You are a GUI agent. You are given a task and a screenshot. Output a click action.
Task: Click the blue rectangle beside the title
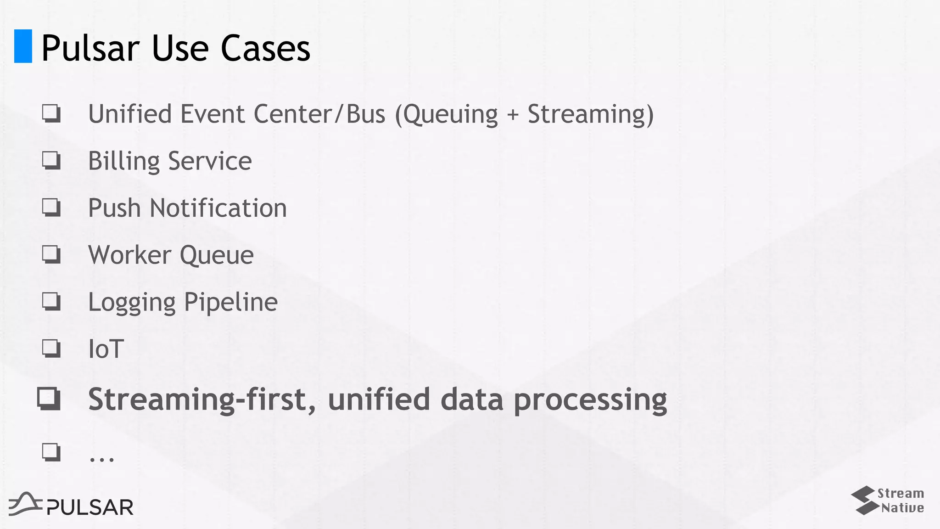point(23,46)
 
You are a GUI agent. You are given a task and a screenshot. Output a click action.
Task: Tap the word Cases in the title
point(265,48)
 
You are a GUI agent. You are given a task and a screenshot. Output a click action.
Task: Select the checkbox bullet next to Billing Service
point(51,160)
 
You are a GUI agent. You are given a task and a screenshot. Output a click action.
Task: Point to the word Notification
point(218,208)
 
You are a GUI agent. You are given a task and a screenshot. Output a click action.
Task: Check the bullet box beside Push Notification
point(51,207)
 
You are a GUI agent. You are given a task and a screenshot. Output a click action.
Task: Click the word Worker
point(129,255)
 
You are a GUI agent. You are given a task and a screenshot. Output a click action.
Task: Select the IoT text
point(106,349)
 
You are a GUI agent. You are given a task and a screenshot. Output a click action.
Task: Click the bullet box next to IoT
point(51,348)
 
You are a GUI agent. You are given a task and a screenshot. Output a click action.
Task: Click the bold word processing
point(590,400)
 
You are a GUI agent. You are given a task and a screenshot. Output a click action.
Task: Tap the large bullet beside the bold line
point(49,399)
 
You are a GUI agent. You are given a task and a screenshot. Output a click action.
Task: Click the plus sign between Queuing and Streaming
point(513,115)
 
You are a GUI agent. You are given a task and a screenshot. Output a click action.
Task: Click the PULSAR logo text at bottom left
point(90,507)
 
